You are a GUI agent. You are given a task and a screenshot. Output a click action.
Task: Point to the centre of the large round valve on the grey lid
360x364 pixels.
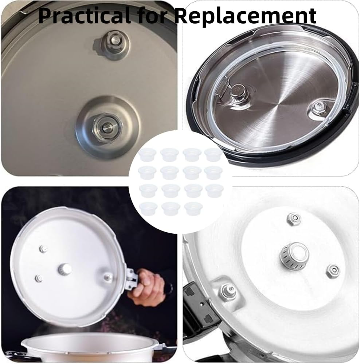pos(107,127)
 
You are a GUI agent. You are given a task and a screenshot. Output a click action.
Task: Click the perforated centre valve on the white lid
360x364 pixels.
pos(294,256)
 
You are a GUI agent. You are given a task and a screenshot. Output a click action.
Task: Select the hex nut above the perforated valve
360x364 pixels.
pos(293,219)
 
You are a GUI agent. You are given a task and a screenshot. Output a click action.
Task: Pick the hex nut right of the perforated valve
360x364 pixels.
pos(333,271)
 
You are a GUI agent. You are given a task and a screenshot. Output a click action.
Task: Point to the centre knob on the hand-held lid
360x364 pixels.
pos(64,269)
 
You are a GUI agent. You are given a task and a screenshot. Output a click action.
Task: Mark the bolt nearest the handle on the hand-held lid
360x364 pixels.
pos(108,277)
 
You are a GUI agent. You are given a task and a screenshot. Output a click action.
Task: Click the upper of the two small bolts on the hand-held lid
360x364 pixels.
pos(43,249)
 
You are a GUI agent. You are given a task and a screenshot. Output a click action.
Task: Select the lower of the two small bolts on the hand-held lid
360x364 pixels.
pos(39,278)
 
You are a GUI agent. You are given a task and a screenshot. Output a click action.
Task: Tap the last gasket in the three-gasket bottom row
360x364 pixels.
pos(193,209)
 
